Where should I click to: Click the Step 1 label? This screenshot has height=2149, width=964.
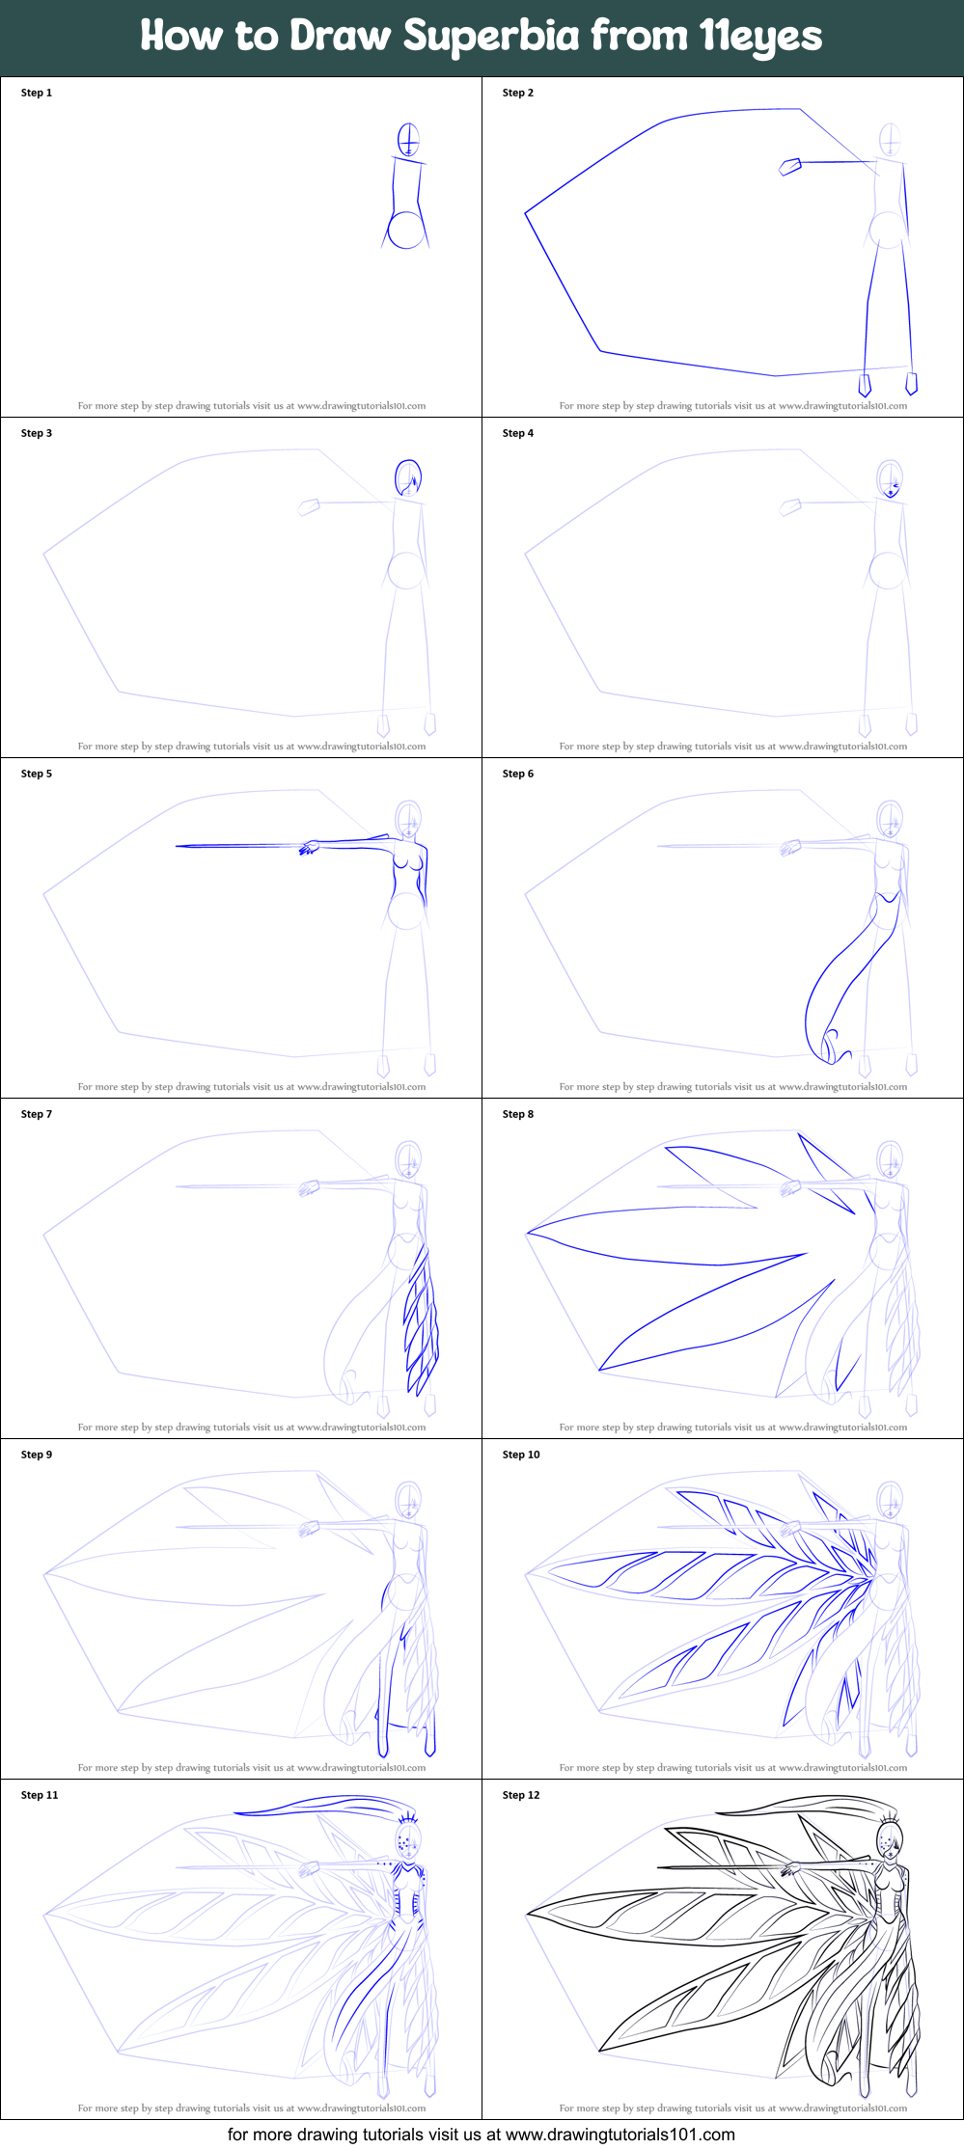[x=37, y=93]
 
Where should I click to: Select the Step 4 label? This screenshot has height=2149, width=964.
[x=518, y=433]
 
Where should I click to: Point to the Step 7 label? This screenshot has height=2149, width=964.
[x=37, y=1114]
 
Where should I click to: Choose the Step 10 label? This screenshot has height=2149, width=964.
[x=521, y=1455]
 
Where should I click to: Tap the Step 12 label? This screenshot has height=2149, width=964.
[x=521, y=1795]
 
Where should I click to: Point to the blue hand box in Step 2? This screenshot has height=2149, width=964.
[x=790, y=168]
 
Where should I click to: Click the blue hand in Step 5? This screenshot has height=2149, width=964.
[x=309, y=848]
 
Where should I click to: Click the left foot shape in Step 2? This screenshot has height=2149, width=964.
[x=865, y=384]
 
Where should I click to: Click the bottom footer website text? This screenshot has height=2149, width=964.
[x=482, y=2135]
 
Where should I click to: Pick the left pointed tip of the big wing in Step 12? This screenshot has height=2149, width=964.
[x=527, y=1914]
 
